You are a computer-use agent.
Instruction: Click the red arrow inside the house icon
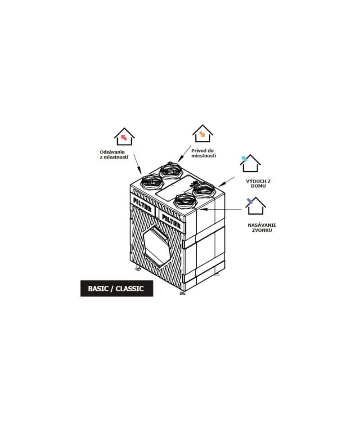(x=124, y=137)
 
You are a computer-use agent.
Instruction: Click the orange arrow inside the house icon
(x=202, y=134)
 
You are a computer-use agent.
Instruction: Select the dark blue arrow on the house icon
(x=250, y=201)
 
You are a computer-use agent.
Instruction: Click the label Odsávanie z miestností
(x=114, y=154)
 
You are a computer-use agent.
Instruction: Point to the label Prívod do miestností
(x=203, y=153)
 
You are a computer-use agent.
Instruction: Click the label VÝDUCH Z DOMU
(x=258, y=184)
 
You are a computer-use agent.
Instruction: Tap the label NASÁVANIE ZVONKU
(x=262, y=228)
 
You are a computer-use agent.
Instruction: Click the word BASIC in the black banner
(x=98, y=289)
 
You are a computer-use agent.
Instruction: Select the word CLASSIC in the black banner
(x=130, y=289)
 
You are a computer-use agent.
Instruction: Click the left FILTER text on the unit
(x=142, y=204)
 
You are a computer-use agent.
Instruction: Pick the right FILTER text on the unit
(x=171, y=221)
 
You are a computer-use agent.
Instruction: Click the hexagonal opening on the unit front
(x=157, y=246)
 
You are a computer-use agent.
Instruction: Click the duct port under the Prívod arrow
(x=171, y=170)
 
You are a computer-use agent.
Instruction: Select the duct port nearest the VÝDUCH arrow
(x=203, y=190)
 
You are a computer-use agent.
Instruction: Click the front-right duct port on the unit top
(x=185, y=201)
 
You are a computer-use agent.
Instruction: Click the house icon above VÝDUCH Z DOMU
(x=250, y=163)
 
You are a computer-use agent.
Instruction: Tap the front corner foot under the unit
(x=182, y=292)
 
